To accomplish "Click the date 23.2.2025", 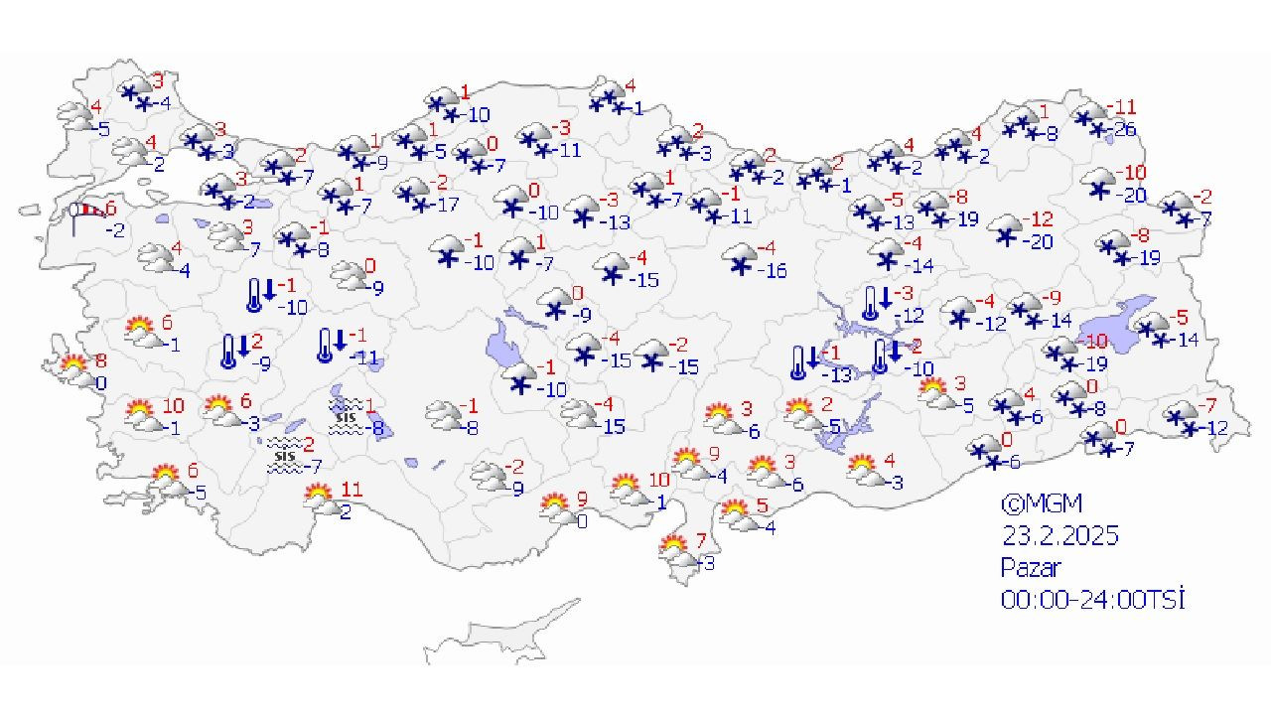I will [x=1059, y=536].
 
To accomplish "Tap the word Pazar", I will [x=1031, y=568].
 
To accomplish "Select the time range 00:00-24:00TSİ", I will [x=1093, y=600].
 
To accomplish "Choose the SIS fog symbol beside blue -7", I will [x=285, y=457].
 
